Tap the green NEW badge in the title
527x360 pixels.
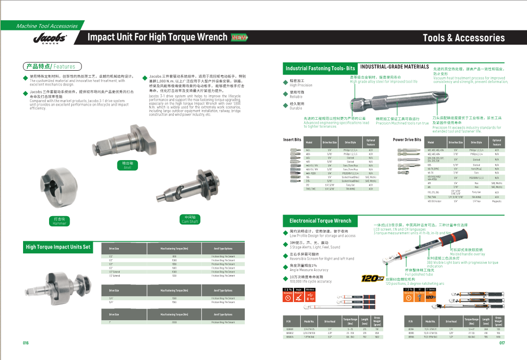coord(239,37)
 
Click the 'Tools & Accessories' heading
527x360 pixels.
coord(463,38)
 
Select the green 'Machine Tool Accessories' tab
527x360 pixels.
coord(47,26)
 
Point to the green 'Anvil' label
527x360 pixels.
coord(127,165)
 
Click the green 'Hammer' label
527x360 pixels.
coord(59,221)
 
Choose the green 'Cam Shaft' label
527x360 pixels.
coord(189,219)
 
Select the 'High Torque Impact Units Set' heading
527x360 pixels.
coord(58,247)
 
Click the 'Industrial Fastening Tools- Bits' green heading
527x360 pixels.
coord(320,68)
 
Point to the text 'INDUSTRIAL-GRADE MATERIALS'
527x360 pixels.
coord(395,67)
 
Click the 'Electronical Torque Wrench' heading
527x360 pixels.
coord(320,221)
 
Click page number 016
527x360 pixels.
coord(26,343)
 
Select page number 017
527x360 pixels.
coord(502,343)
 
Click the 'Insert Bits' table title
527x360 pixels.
coord(292,140)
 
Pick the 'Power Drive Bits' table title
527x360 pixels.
coord(407,140)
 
